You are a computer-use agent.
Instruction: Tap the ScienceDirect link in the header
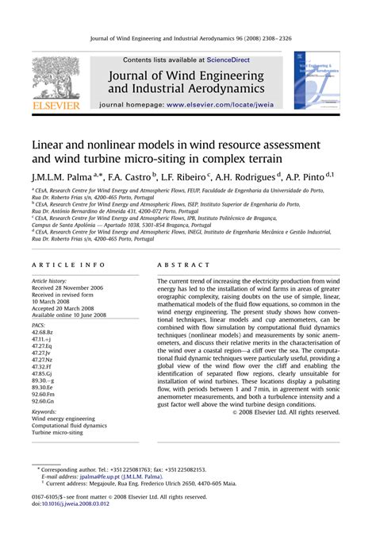point(228,60)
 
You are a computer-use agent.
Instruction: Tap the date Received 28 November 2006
point(68,288)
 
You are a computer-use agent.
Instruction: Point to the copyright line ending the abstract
point(286,411)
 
